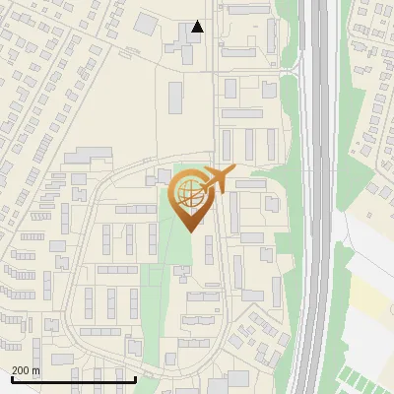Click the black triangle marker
(198, 28)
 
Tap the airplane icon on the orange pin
(218, 180)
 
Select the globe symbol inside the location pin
(190, 192)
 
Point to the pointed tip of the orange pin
(191, 230)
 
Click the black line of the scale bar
(74, 379)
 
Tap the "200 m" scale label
(27, 370)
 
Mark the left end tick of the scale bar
(13, 378)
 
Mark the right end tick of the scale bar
(135, 378)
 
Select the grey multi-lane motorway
(317, 197)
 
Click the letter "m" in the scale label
(35, 370)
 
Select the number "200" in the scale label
(22, 370)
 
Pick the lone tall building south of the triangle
(176, 97)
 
